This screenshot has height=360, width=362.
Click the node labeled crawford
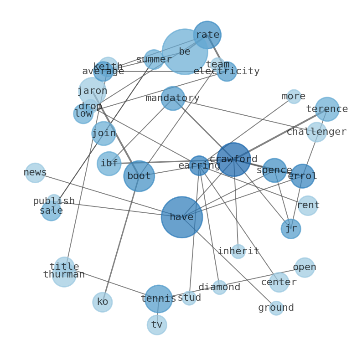233,159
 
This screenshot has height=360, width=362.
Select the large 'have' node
181,217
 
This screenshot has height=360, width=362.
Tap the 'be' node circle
185,51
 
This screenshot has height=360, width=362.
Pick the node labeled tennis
158,299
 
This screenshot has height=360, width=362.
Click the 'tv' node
157,325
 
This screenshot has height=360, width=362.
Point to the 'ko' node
103,302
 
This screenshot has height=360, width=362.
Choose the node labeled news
35,173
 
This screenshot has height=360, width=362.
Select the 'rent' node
308,206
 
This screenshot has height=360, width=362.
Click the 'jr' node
291,229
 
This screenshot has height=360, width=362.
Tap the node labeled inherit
238,252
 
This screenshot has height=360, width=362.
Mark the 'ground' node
276,308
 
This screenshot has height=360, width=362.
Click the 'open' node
305,267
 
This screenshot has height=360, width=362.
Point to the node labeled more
294,97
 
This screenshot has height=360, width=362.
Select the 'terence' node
327,109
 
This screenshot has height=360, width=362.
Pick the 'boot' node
139,176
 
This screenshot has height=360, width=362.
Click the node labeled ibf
109,164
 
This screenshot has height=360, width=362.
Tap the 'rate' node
207,35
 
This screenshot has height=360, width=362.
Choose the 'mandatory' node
173,98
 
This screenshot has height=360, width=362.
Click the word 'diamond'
219,288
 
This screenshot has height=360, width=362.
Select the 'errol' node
302,176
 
